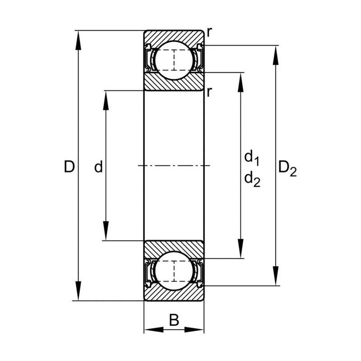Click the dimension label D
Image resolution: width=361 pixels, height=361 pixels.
tap(69, 167)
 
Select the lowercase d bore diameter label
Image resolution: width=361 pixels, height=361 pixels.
tap(98, 167)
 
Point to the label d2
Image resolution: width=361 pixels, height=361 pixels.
tap(252, 179)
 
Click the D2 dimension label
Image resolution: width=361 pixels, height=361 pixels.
tap(287, 169)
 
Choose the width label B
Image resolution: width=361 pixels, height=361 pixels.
tap(174, 320)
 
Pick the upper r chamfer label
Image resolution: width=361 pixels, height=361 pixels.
tap(209, 32)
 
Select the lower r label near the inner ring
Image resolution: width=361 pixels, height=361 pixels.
tap(209, 92)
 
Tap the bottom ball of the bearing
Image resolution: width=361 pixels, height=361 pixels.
tap(174, 271)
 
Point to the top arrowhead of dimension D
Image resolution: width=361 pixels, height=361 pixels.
tap(79, 40)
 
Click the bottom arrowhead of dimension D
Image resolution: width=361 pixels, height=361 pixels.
tap(79, 291)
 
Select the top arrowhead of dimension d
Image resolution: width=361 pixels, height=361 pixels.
tap(106, 101)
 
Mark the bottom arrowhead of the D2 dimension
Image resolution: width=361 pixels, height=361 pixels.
tap(276, 276)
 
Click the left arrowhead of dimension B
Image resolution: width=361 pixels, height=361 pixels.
tap(154, 330)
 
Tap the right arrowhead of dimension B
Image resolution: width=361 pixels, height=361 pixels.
tap(194, 330)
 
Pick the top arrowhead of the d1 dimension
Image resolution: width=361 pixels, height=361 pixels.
tap(241, 83)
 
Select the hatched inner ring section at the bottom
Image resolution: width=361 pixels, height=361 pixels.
tap(174, 249)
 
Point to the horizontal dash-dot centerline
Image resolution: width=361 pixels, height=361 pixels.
tap(174, 166)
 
